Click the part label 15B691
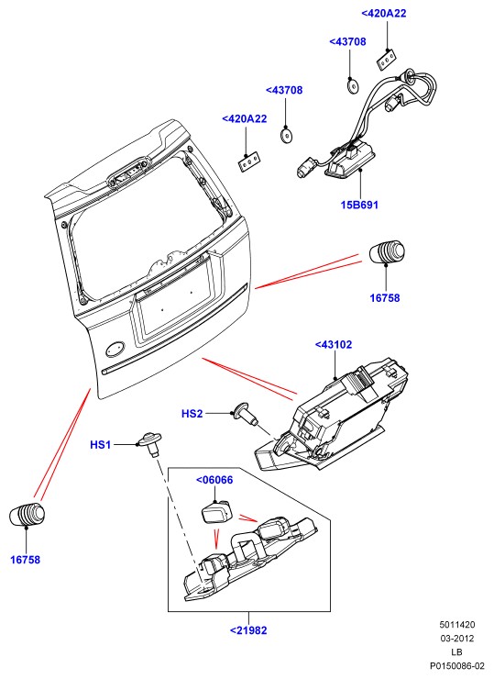coord(359,205)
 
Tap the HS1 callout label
coord(100,445)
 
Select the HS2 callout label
coord(192,414)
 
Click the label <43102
coord(333,345)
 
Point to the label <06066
coord(214,480)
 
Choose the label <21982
coord(248,630)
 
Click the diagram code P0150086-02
coord(456,665)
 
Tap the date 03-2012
coord(456,639)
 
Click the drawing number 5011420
coord(456,625)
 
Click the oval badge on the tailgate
coord(115,349)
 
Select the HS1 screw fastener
coord(149,443)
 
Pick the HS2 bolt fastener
coord(245,414)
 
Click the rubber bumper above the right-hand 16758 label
coord(387,251)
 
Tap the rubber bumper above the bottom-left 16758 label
coord(27,514)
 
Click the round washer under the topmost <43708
coord(353,84)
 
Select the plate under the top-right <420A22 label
coord(386,59)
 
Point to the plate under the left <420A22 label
coord(250,162)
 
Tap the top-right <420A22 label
coord(384,14)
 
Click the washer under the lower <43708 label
coord(286,136)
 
